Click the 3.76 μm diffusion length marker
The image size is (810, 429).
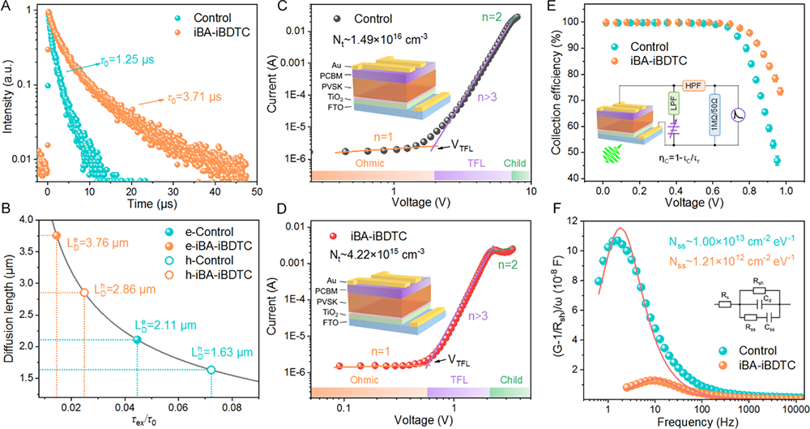(x=56, y=235)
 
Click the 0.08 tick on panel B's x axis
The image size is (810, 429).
(x=232, y=404)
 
